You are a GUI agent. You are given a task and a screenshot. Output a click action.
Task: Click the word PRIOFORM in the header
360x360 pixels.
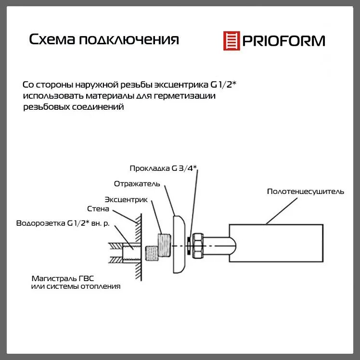click(283, 40)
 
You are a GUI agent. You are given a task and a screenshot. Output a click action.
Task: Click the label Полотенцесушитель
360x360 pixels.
click(305, 192)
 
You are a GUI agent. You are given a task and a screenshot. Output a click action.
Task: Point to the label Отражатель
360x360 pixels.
click(137, 184)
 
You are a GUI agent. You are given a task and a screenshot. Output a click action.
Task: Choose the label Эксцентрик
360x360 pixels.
click(126, 199)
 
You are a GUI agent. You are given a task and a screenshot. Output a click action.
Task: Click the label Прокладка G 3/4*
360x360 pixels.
click(164, 168)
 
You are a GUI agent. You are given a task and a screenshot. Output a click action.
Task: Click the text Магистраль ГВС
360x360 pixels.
click(66, 278)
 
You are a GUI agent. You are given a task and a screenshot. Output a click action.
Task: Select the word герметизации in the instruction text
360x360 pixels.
click(190, 96)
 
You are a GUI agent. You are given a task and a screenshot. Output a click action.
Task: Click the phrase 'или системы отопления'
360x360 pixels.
click(76, 286)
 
